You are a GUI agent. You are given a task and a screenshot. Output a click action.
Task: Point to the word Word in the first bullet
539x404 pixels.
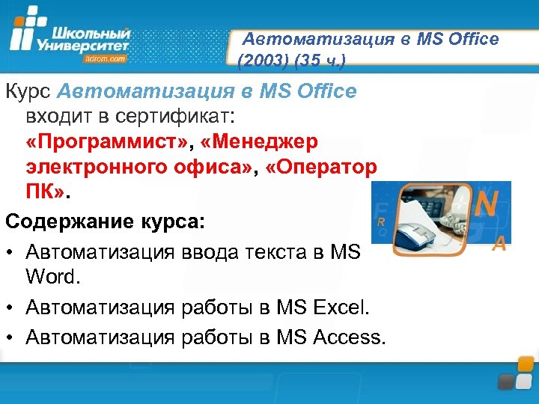coord(50,276)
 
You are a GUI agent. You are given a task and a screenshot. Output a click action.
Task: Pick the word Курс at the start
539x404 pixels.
coord(28,92)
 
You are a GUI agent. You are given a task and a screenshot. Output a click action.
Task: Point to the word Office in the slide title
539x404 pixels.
coord(471,39)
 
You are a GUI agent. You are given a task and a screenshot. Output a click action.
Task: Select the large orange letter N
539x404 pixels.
coord(487,203)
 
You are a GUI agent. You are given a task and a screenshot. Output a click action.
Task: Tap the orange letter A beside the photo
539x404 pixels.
coord(499,243)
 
